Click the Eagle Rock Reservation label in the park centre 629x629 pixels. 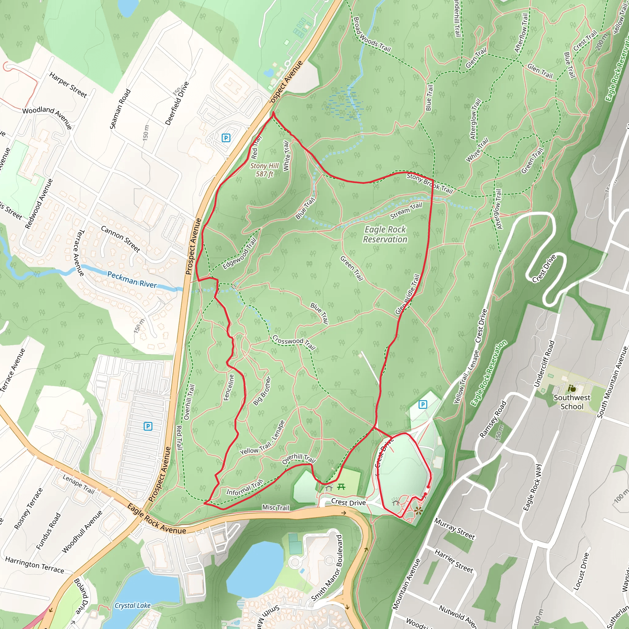[x=385, y=234]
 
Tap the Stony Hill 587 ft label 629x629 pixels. [x=264, y=170]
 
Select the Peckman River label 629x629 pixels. [x=132, y=280]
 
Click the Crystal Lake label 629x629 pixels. [x=132, y=606]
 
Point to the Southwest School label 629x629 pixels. [x=572, y=402]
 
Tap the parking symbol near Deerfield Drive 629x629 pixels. [x=226, y=138]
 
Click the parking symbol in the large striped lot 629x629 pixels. [x=148, y=426]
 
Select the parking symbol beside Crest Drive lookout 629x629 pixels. [x=423, y=405]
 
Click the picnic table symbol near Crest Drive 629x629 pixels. [x=341, y=487]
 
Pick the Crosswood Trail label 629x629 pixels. [x=294, y=342]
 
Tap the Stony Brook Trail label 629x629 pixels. [x=430, y=183]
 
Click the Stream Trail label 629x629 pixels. [x=406, y=210]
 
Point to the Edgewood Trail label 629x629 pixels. [x=239, y=254]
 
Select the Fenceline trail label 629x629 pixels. [x=229, y=387]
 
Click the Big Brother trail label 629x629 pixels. [x=262, y=391]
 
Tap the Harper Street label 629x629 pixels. [x=68, y=85]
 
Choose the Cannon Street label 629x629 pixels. [x=121, y=239]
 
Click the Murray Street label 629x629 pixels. [x=455, y=529]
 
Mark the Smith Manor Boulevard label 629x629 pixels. [x=326, y=568]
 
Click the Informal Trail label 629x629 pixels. [x=244, y=488]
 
